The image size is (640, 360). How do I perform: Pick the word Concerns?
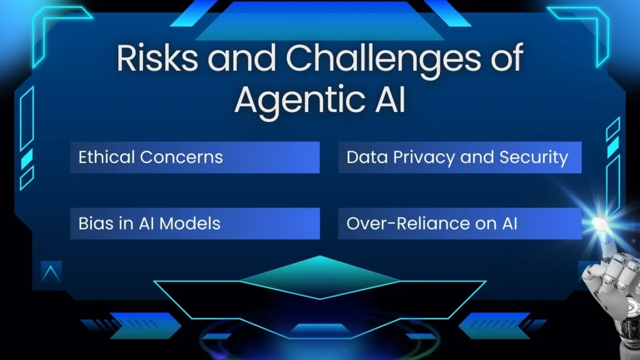tap(181, 157)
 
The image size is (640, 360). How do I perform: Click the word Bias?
tap(92, 223)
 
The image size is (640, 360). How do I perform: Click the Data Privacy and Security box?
tap(459, 157)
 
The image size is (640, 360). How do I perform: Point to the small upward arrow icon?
tap(51, 272)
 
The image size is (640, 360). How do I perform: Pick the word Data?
tap(363, 157)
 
